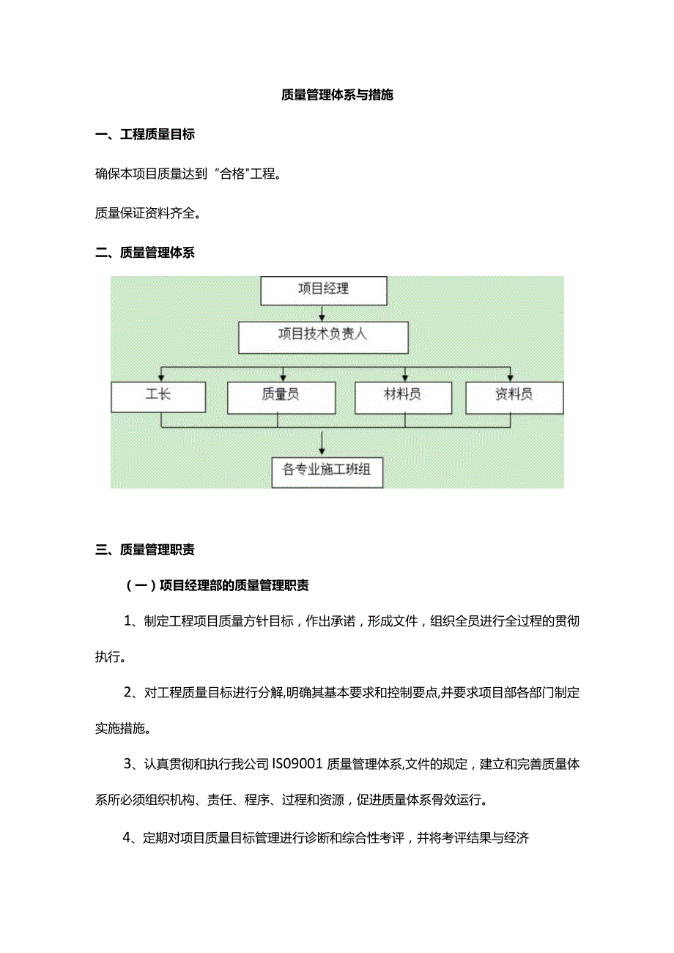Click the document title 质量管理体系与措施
click(x=337, y=95)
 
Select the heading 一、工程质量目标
click(x=145, y=135)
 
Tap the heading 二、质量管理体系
click(x=145, y=253)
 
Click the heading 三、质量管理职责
click(x=145, y=549)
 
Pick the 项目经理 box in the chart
click(x=324, y=289)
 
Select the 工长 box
click(x=158, y=396)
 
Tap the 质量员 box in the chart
click(x=281, y=396)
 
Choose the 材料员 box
click(x=402, y=396)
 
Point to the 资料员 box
click(x=514, y=396)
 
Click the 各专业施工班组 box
click(x=327, y=470)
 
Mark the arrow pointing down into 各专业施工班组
click(x=322, y=442)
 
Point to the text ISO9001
click(x=297, y=765)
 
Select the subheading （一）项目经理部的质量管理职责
click(x=217, y=585)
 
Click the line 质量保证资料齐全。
click(x=148, y=214)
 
